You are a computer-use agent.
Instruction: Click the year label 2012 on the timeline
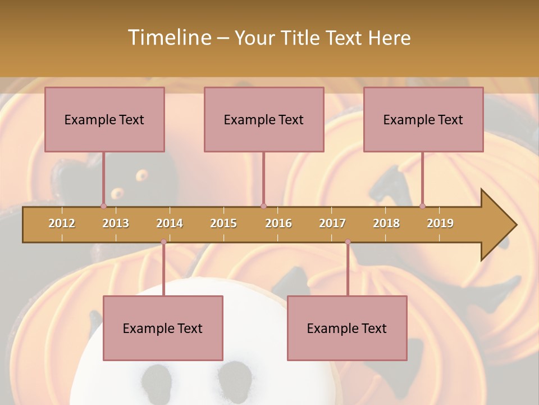point(62,223)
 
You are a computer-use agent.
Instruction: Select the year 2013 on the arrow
point(116,223)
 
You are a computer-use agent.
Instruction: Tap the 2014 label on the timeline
point(170,223)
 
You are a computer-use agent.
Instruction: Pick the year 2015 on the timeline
point(223,223)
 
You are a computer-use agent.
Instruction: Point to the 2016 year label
point(278,223)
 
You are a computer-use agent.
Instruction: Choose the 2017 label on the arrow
point(332,223)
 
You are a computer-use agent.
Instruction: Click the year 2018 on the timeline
point(386,223)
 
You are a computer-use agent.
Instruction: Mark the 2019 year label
point(440,223)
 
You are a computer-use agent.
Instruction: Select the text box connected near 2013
point(104,119)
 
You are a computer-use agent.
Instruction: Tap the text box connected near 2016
point(264,119)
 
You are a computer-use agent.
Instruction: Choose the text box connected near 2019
point(423,119)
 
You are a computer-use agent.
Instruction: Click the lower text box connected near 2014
point(163,328)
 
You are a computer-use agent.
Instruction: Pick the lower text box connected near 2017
point(347,328)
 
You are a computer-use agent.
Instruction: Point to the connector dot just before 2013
point(103,206)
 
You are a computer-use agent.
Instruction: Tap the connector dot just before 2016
point(263,206)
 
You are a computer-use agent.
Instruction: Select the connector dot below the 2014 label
point(163,242)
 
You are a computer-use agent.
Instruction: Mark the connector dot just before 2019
point(422,206)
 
